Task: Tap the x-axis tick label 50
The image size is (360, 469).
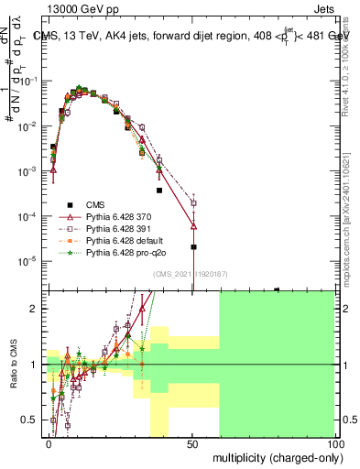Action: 192,442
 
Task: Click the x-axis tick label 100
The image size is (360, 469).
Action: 334,442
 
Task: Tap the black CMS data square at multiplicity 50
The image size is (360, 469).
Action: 193,247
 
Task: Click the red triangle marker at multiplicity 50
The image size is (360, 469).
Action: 193,225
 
